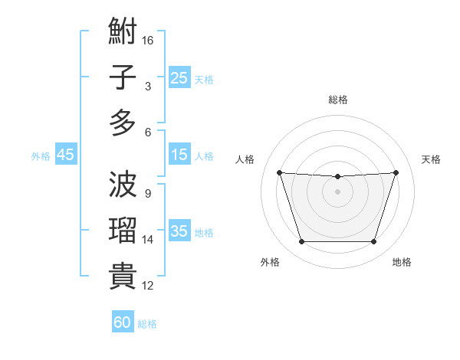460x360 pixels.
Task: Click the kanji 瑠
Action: pyautogui.click(x=123, y=231)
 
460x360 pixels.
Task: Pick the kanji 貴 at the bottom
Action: pyautogui.click(x=123, y=276)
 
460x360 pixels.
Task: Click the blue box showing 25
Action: pyautogui.click(x=179, y=78)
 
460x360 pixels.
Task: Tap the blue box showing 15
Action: pyautogui.click(x=179, y=155)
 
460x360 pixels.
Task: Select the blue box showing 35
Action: pyautogui.click(x=179, y=232)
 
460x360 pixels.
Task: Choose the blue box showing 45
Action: pyautogui.click(x=66, y=155)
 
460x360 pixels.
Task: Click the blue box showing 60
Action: pyautogui.click(x=123, y=322)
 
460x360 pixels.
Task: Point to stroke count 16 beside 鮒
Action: pyautogui.click(x=148, y=39)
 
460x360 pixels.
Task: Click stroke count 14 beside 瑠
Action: pyautogui.click(x=148, y=240)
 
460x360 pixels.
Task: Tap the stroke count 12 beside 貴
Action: pyautogui.click(x=148, y=286)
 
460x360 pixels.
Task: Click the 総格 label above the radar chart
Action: pyautogui.click(x=337, y=100)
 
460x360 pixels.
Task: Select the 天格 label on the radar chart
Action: pyautogui.click(x=432, y=159)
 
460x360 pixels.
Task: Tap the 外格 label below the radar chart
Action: pyautogui.click(x=270, y=262)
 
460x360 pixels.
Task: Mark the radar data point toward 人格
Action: pyautogui.click(x=279, y=172)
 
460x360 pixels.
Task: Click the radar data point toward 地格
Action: pyautogui.click(x=373, y=242)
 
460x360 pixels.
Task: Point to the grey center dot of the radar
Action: pyautogui.click(x=337, y=191)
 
